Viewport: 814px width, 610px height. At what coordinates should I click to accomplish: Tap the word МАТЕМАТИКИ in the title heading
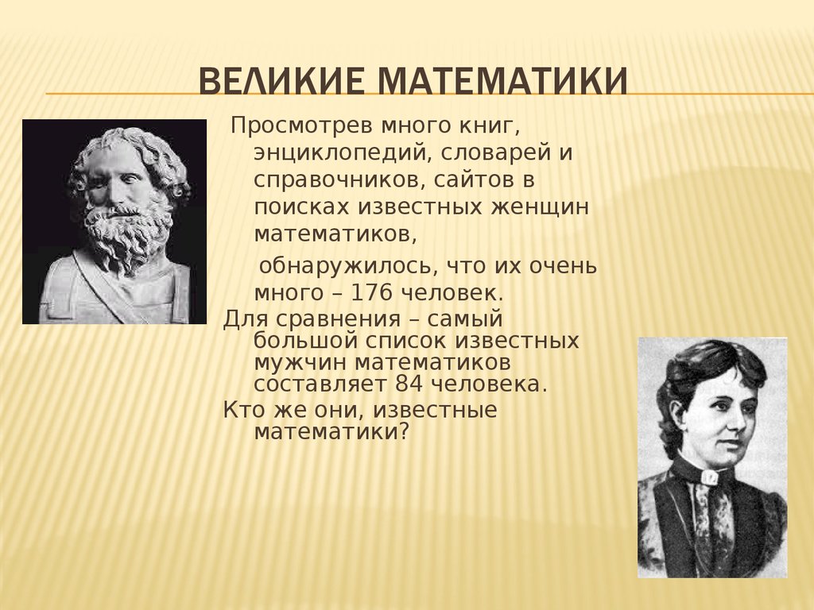502,81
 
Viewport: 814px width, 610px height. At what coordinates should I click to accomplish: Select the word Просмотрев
303,126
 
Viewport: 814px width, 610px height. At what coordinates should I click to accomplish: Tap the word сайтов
471,180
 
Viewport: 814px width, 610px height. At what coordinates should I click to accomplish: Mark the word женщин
540,207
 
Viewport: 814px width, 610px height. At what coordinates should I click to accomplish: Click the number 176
371,293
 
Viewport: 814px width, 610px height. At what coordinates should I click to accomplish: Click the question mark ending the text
405,431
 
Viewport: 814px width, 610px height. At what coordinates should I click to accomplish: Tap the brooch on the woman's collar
710,477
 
